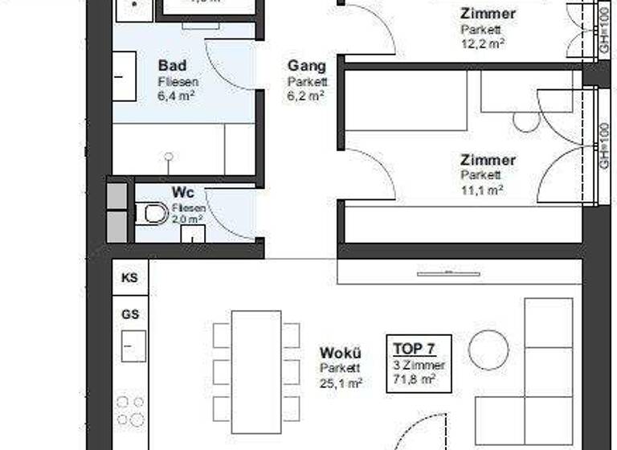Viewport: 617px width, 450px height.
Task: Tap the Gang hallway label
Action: tap(306, 65)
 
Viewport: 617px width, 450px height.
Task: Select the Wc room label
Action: tap(182, 193)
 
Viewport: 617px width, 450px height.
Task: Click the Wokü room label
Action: tap(340, 353)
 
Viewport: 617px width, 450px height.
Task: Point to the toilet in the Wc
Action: tap(151, 214)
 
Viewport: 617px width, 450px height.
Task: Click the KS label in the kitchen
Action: tap(129, 278)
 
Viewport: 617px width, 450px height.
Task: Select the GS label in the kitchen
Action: tap(129, 314)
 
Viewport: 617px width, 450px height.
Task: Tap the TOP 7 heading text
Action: tap(414, 349)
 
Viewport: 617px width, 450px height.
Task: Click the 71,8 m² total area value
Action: tap(419, 378)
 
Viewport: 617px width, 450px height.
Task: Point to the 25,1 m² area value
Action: tap(341, 383)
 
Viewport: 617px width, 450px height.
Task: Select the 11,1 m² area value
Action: tap(482, 190)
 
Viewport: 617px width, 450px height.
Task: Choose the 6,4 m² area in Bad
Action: tap(177, 95)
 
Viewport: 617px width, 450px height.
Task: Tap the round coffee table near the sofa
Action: tap(488, 350)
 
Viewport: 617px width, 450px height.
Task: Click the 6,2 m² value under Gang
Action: tap(306, 95)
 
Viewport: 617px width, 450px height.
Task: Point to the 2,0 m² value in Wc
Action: tap(189, 218)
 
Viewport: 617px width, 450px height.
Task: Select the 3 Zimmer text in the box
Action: tap(419, 364)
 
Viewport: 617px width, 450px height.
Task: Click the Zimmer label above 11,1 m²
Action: tap(488, 160)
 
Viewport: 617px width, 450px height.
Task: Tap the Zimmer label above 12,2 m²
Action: tap(488, 14)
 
